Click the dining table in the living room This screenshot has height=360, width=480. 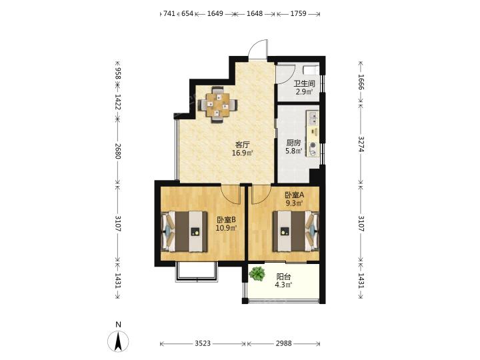[x=217, y=105]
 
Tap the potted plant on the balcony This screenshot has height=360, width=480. [x=257, y=273]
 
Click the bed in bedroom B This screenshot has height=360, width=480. [x=184, y=231]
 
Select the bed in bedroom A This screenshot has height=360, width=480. [x=296, y=231]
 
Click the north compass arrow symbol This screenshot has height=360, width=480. [x=118, y=341]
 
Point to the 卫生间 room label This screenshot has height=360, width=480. [x=304, y=83]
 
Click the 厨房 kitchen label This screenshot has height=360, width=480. [x=293, y=143]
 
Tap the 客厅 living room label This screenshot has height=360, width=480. [x=243, y=145]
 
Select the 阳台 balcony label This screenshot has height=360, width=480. [x=283, y=277]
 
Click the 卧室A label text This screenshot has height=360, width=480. [x=294, y=195]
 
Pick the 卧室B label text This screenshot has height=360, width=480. [x=226, y=220]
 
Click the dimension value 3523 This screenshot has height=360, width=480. [x=203, y=343]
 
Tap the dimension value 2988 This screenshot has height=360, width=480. [x=283, y=343]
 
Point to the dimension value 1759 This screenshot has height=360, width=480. [x=298, y=13]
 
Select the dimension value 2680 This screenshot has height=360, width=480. [x=118, y=151]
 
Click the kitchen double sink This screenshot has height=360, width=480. [x=313, y=119]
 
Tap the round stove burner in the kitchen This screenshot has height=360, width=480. [x=313, y=145]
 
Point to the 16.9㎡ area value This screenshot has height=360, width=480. [x=243, y=153]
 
